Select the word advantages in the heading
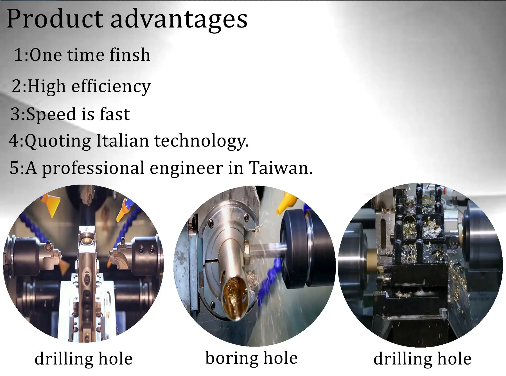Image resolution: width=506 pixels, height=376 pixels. click(x=179, y=20)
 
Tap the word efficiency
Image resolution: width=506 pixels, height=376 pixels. click(x=111, y=86)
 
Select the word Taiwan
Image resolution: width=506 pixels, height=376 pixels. click(x=280, y=168)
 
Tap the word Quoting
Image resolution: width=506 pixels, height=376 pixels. click(x=58, y=141)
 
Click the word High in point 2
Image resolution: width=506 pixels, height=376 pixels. click(x=47, y=86)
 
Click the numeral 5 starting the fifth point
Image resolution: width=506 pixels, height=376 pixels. click(x=14, y=168)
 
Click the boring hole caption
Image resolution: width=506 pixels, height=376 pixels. click(x=252, y=358)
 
